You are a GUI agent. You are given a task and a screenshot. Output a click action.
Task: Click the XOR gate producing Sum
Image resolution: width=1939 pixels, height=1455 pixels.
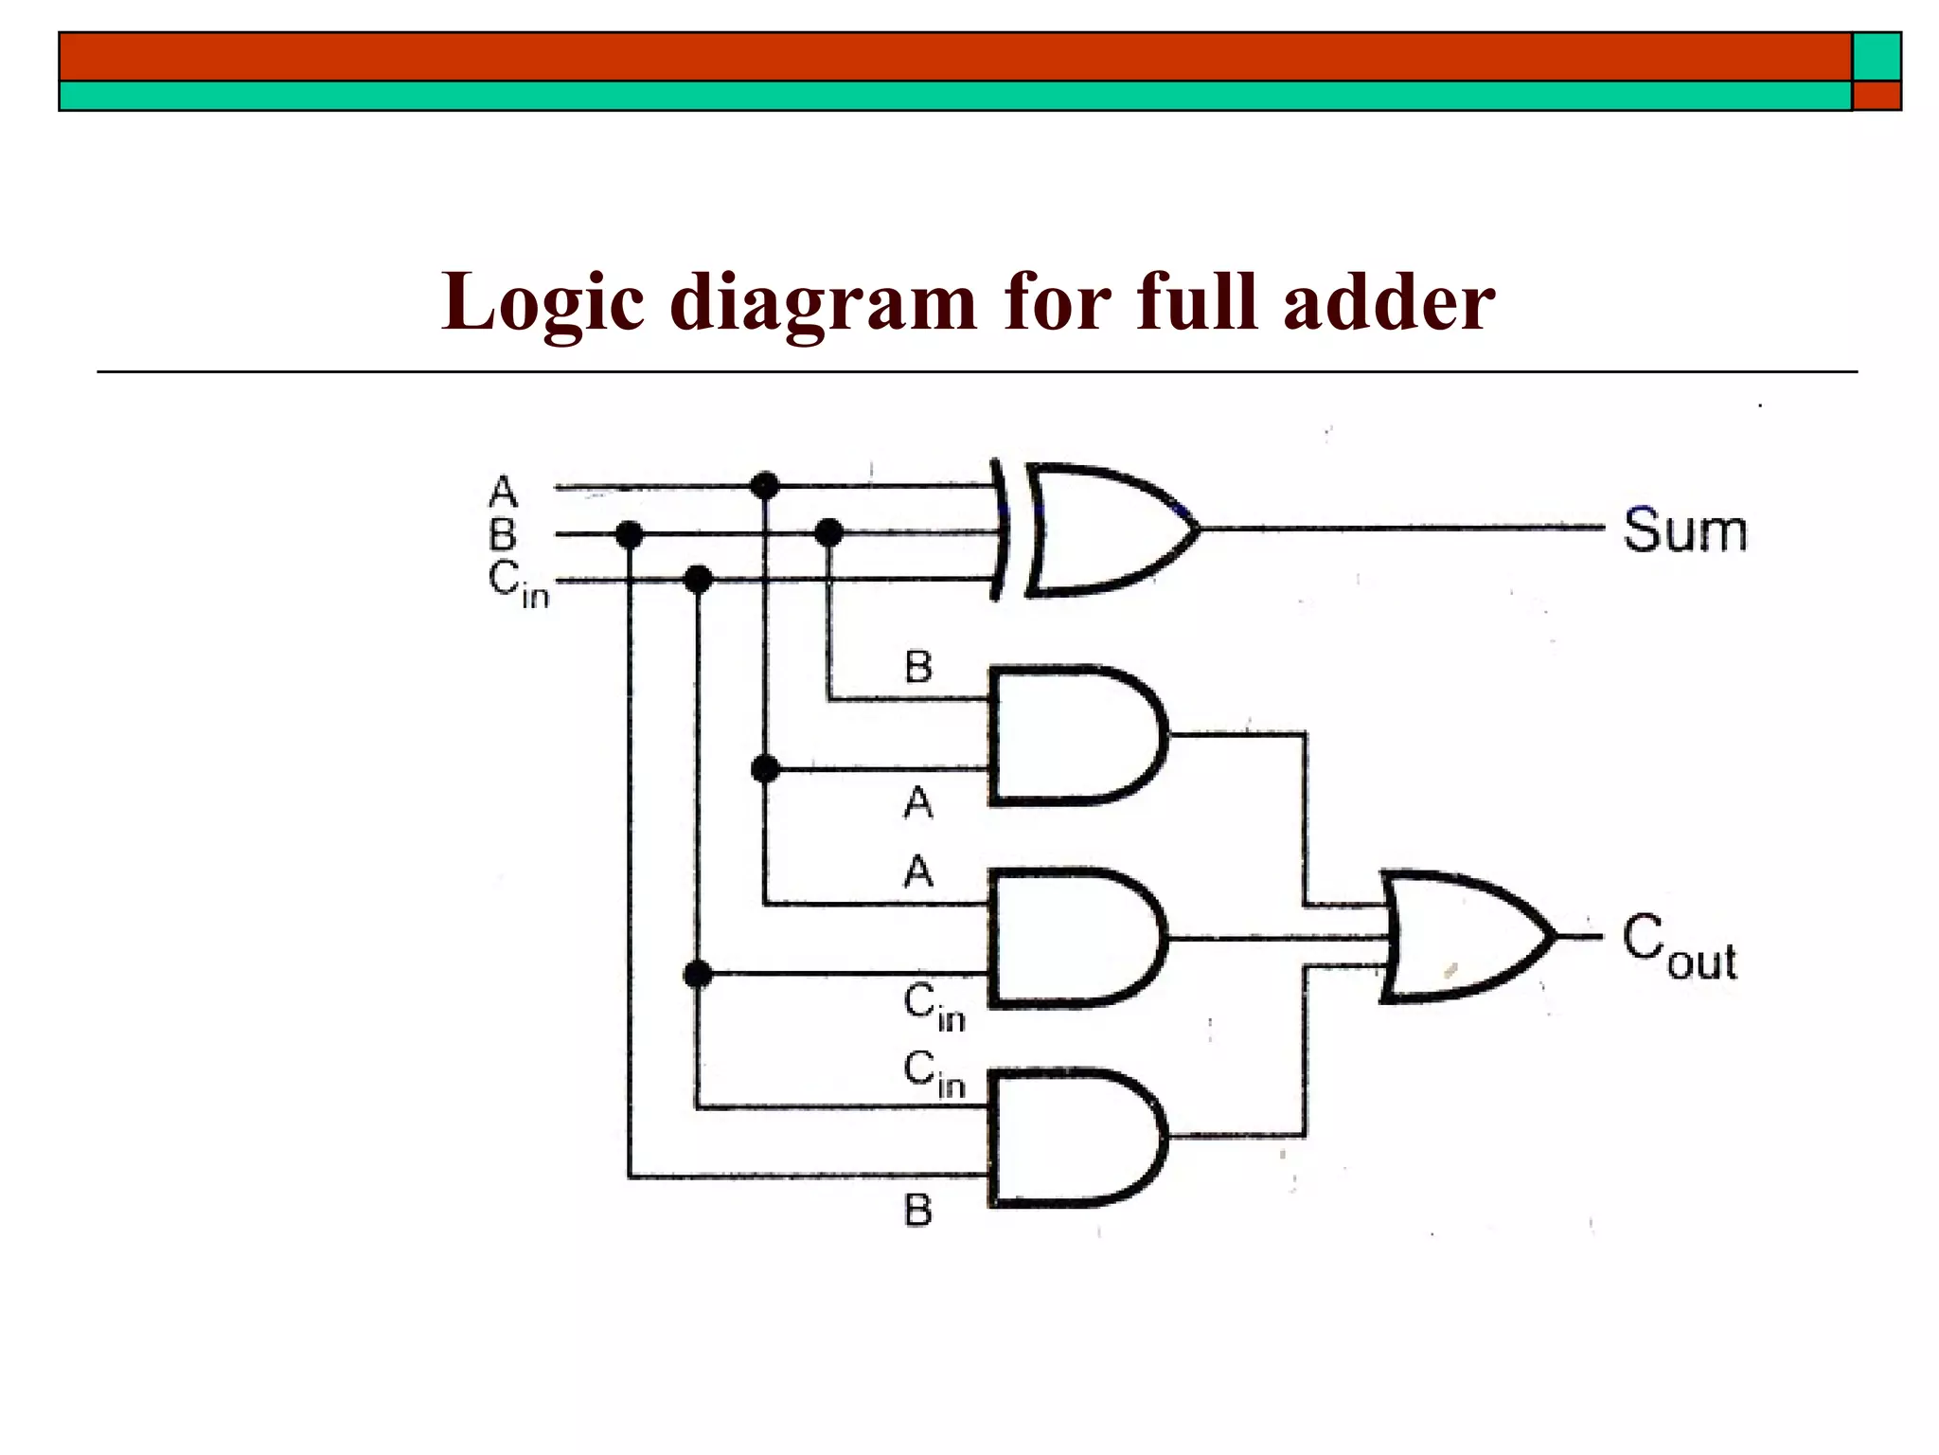coord(1098,530)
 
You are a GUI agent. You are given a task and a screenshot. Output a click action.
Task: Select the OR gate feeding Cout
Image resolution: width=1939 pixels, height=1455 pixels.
coord(1463,937)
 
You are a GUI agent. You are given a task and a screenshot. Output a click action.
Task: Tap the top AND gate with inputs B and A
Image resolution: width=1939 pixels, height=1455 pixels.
coord(1075,735)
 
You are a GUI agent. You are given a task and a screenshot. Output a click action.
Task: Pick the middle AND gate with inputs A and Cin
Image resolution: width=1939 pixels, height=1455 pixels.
coord(1075,938)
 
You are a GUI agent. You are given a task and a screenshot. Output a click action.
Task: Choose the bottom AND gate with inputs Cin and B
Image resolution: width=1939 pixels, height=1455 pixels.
coord(1075,1139)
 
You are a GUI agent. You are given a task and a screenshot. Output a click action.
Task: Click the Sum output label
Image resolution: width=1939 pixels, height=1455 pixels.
coord(1684,530)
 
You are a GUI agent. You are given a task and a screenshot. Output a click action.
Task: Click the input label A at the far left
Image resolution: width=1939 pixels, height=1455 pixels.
coord(504,493)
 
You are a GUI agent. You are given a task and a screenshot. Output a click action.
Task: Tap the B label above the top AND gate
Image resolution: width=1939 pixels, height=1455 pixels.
coord(917,667)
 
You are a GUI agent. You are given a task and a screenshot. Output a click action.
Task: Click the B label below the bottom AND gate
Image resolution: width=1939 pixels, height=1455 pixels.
coord(917,1211)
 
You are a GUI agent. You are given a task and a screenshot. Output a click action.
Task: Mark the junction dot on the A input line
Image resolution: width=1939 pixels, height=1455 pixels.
coord(764,486)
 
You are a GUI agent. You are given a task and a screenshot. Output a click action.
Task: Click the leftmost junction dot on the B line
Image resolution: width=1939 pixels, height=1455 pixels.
coord(629,535)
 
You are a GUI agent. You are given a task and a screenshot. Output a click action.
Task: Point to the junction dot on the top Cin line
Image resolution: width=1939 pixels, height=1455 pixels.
coord(698,579)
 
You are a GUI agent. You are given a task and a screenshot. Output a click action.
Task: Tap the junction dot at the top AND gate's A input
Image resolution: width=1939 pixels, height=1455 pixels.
coord(765,768)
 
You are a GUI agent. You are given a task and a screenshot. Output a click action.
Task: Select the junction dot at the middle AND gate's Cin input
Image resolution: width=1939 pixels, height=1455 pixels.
coord(698,973)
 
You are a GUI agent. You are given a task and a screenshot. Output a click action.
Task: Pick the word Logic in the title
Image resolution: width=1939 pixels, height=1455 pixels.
coord(543,303)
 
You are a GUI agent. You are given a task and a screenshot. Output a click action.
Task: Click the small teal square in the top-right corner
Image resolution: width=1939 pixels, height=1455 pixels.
coord(1877,57)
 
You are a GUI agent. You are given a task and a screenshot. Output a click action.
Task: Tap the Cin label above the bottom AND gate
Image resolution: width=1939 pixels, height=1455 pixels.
coord(934,1074)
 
